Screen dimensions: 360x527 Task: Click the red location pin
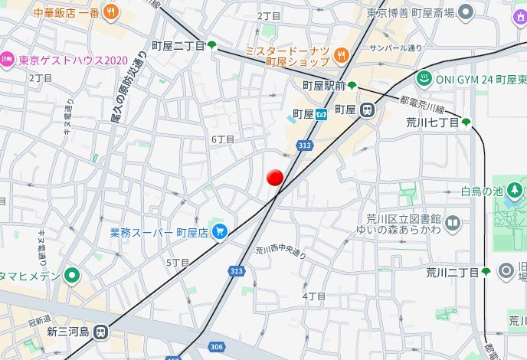(x=275, y=178)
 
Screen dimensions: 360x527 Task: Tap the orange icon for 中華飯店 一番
(x=111, y=11)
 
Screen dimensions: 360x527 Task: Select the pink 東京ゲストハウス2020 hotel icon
(x=7, y=59)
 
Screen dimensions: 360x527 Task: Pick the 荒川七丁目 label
(x=432, y=122)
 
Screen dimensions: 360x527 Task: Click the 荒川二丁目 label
(x=452, y=272)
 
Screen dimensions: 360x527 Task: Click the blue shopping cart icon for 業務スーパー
(x=220, y=230)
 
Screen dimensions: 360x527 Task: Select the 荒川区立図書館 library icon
(x=453, y=224)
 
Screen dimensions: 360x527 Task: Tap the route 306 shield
(x=217, y=347)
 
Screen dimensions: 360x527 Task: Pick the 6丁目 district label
(x=222, y=139)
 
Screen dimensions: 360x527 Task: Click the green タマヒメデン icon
(x=73, y=275)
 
